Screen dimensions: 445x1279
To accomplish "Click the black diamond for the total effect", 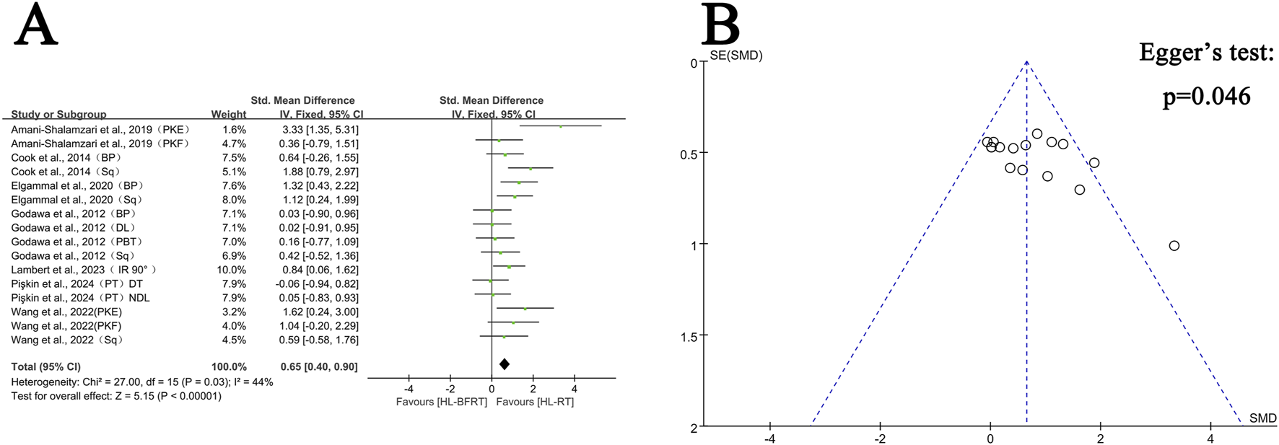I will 505,364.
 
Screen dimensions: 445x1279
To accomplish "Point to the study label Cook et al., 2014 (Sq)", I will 66,172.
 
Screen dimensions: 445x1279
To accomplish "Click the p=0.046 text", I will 1206,97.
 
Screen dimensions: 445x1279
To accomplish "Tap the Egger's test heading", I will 1206,53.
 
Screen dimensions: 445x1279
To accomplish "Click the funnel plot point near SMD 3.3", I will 1174,246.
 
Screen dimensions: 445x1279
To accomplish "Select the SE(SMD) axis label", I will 735,56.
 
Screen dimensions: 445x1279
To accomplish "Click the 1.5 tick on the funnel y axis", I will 689,337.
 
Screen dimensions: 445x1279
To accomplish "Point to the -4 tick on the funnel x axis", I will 770,439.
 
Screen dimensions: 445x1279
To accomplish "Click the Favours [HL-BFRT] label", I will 442,402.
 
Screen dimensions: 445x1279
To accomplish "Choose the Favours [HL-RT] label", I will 535,402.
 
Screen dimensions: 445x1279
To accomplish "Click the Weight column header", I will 228,114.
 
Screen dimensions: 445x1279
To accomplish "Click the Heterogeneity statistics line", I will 142,382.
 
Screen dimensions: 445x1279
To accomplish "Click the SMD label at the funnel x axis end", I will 1262,418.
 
